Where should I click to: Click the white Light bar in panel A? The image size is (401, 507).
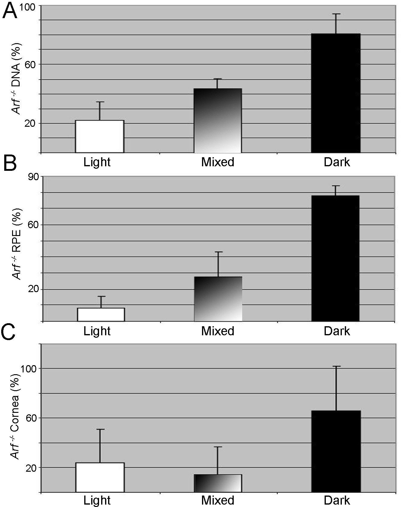pyautogui.click(x=100, y=136)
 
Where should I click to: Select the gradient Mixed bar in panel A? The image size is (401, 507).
pyautogui.click(x=217, y=121)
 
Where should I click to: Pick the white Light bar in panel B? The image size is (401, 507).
pyautogui.click(x=101, y=314)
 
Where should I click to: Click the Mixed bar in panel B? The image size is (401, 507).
pyautogui.click(x=218, y=299)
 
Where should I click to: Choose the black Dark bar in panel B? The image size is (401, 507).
pyautogui.click(x=335, y=258)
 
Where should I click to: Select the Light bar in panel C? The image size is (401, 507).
pyautogui.click(x=100, y=477)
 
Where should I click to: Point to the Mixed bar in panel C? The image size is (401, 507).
pyautogui.click(x=218, y=483)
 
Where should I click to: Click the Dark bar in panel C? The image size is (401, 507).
pyautogui.click(x=336, y=451)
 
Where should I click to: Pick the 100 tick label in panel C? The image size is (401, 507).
pyautogui.click(x=30, y=369)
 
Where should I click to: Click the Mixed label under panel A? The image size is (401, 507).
pyautogui.click(x=218, y=162)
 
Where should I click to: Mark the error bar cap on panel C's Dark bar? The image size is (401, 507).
pyautogui.click(x=336, y=366)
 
